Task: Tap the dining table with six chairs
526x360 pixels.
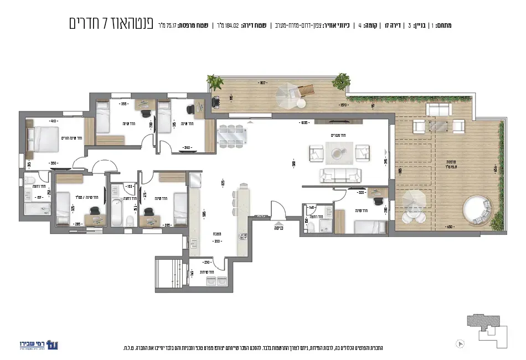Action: [231, 133]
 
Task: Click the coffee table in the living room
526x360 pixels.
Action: [338, 151]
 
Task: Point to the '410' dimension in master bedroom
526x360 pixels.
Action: [53, 121]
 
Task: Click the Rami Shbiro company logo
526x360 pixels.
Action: [36, 344]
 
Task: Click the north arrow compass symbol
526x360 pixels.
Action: [459, 344]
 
